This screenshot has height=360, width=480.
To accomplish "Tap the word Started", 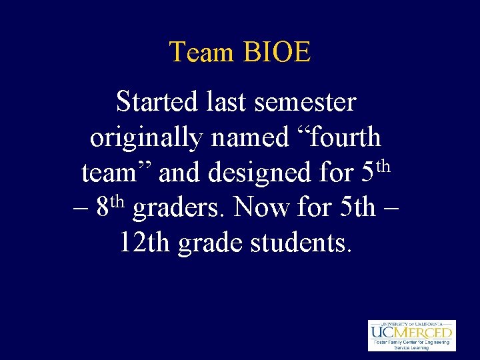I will point(157,103).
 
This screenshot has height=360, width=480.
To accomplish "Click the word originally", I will point(145,138).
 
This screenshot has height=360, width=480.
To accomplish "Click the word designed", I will point(260,173).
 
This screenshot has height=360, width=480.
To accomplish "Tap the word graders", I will point(181,208).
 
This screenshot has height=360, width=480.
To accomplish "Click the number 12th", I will point(145,243).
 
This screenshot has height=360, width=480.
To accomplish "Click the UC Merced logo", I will point(411,335).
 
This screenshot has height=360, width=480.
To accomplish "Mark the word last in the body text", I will point(226,103).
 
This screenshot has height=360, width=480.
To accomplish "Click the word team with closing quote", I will point(117,173).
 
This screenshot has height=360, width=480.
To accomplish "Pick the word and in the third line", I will point(181,173).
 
